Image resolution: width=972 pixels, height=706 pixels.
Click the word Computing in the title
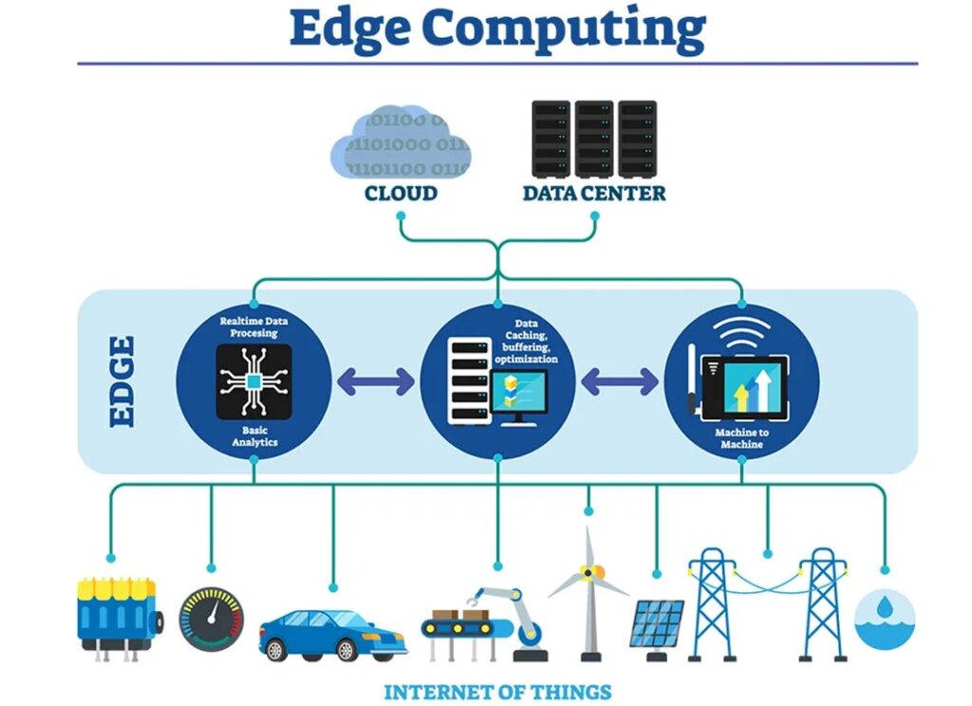(564, 29)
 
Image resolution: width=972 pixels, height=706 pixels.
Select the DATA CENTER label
(594, 194)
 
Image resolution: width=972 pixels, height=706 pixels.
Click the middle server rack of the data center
(594, 139)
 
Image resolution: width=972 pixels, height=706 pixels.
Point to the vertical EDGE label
(122, 381)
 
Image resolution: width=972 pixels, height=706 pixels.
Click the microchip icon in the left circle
(254, 381)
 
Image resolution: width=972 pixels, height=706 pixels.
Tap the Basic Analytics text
(254, 437)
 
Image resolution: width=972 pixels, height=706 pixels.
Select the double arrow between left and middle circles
(376, 381)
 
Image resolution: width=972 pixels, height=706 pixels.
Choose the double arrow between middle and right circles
(620, 381)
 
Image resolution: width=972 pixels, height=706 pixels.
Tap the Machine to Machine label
(741, 438)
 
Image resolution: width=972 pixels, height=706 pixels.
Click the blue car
(333, 636)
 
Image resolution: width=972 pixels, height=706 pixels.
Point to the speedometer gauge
(212, 620)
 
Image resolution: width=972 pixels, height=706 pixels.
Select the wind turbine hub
(589, 573)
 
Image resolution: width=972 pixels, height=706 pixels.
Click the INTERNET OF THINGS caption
(497, 692)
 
